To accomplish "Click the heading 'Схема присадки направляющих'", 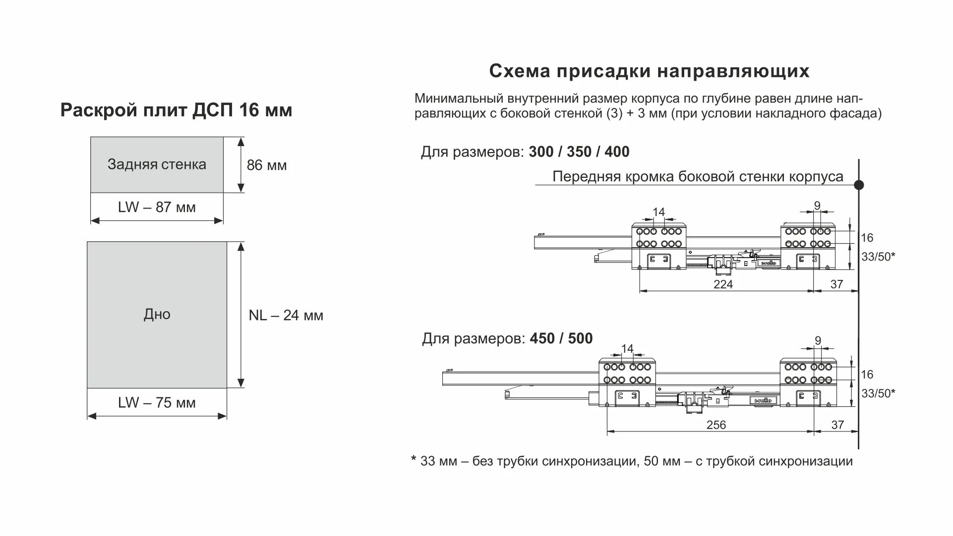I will tap(649, 71).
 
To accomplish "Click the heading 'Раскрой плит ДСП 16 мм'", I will tap(176, 110).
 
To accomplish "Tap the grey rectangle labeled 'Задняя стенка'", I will tap(157, 164).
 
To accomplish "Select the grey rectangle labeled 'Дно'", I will tap(157, 315).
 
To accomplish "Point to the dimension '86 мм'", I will tap(267, 165).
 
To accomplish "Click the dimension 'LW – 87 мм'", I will tap(157, 208).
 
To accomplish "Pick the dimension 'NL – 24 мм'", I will tap(286, 316).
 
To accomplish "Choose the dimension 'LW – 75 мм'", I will tap(157, 403).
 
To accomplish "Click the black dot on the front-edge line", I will tap(859, 185).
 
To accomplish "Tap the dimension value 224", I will tap(723, 284).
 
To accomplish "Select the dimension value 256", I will tap(716, 425).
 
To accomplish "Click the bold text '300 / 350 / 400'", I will tap(579, 152).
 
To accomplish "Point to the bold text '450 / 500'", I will tap(561, 339).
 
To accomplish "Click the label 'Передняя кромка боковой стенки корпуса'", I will tap(698, 177).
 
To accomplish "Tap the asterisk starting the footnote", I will tap(414, 460).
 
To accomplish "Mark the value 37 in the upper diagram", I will tap(837, 284).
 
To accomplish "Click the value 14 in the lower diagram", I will tap(628, 349).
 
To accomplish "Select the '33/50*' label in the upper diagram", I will tap(878, 257).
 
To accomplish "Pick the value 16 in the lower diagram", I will tap(867, 375).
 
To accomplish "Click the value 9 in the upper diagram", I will tap(817, 206).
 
